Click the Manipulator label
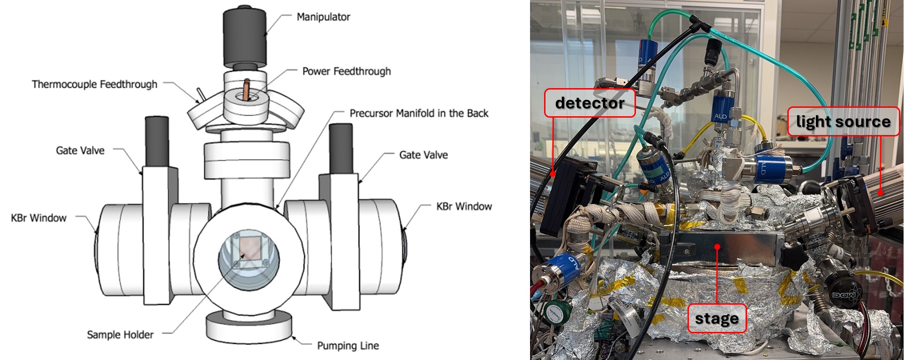323,17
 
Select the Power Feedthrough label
346,71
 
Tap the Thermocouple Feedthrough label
95,84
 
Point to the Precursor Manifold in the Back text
419,113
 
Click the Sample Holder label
120,335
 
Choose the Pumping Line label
348,346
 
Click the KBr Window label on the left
39,218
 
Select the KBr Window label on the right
464,207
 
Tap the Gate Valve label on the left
80,150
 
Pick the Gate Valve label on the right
423,155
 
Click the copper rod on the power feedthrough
247,90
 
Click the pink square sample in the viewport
249,248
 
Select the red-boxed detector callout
590,103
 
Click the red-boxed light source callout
843,121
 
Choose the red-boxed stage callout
717,318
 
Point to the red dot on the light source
880,192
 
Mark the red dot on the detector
553,174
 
